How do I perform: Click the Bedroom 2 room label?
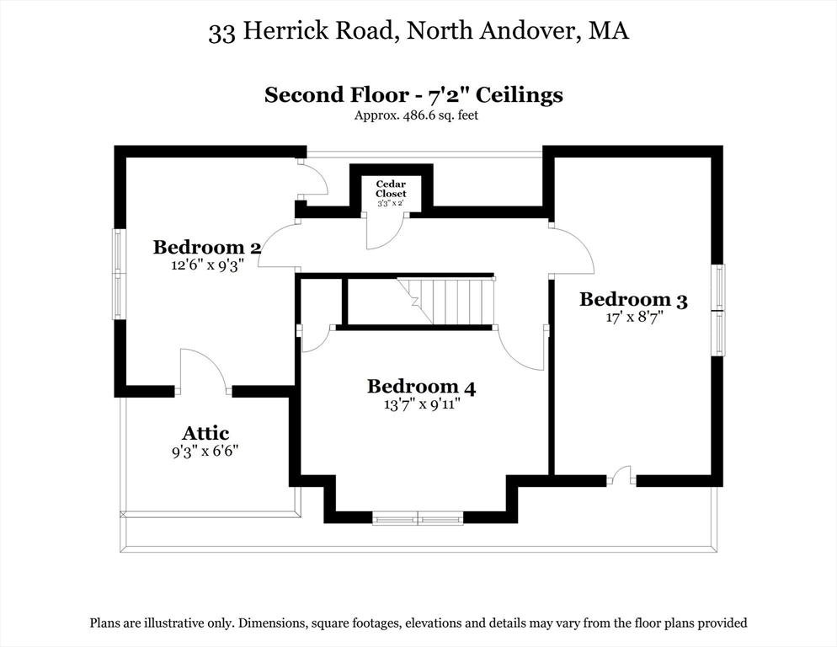[x=206, y=247]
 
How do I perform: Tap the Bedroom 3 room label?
[x=633, y=299]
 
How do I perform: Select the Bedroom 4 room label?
[x=421, y=387]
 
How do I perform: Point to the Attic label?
[x=205, y=433]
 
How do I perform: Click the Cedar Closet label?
[x=391, y=189]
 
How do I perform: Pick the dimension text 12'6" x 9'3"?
[x=206, y=265]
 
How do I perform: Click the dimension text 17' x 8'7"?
[x=633, y=318]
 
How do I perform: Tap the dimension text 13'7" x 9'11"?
[x=421, y=404]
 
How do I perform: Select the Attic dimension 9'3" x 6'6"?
[x=205, y=451]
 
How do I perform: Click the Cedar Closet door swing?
[x=384, y=231]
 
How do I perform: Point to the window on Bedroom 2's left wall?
[x=119, y=274]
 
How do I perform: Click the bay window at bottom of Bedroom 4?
[x=418, y=518]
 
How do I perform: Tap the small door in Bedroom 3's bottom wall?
[x=621, y=476]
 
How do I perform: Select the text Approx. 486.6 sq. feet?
[x=416, y=115]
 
